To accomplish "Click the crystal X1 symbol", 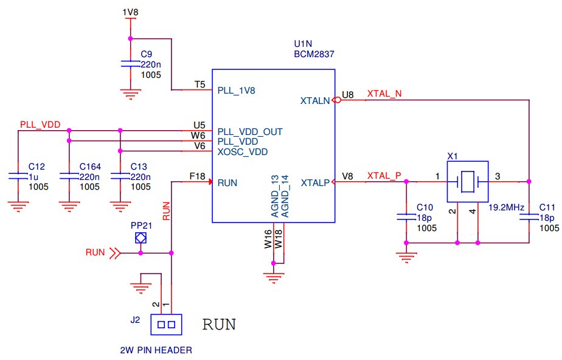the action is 467,182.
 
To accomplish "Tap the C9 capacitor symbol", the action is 130,64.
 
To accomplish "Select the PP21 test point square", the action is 140,238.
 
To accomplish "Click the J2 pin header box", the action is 166,325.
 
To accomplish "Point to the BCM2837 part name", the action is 314,54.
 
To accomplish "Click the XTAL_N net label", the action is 384,94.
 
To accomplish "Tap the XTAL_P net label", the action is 384,176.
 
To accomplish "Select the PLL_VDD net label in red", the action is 40,125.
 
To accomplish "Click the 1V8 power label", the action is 130,12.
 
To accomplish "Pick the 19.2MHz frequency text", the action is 506,207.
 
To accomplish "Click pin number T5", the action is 199,85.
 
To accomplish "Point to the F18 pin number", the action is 197,176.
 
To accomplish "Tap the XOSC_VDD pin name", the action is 243,152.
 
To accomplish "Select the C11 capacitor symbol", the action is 529,216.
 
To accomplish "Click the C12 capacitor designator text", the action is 36,167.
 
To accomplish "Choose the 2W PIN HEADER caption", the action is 156,350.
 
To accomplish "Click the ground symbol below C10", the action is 406,257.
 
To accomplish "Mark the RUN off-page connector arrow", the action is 115,253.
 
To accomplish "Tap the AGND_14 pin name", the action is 285,196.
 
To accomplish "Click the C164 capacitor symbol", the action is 69,176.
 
